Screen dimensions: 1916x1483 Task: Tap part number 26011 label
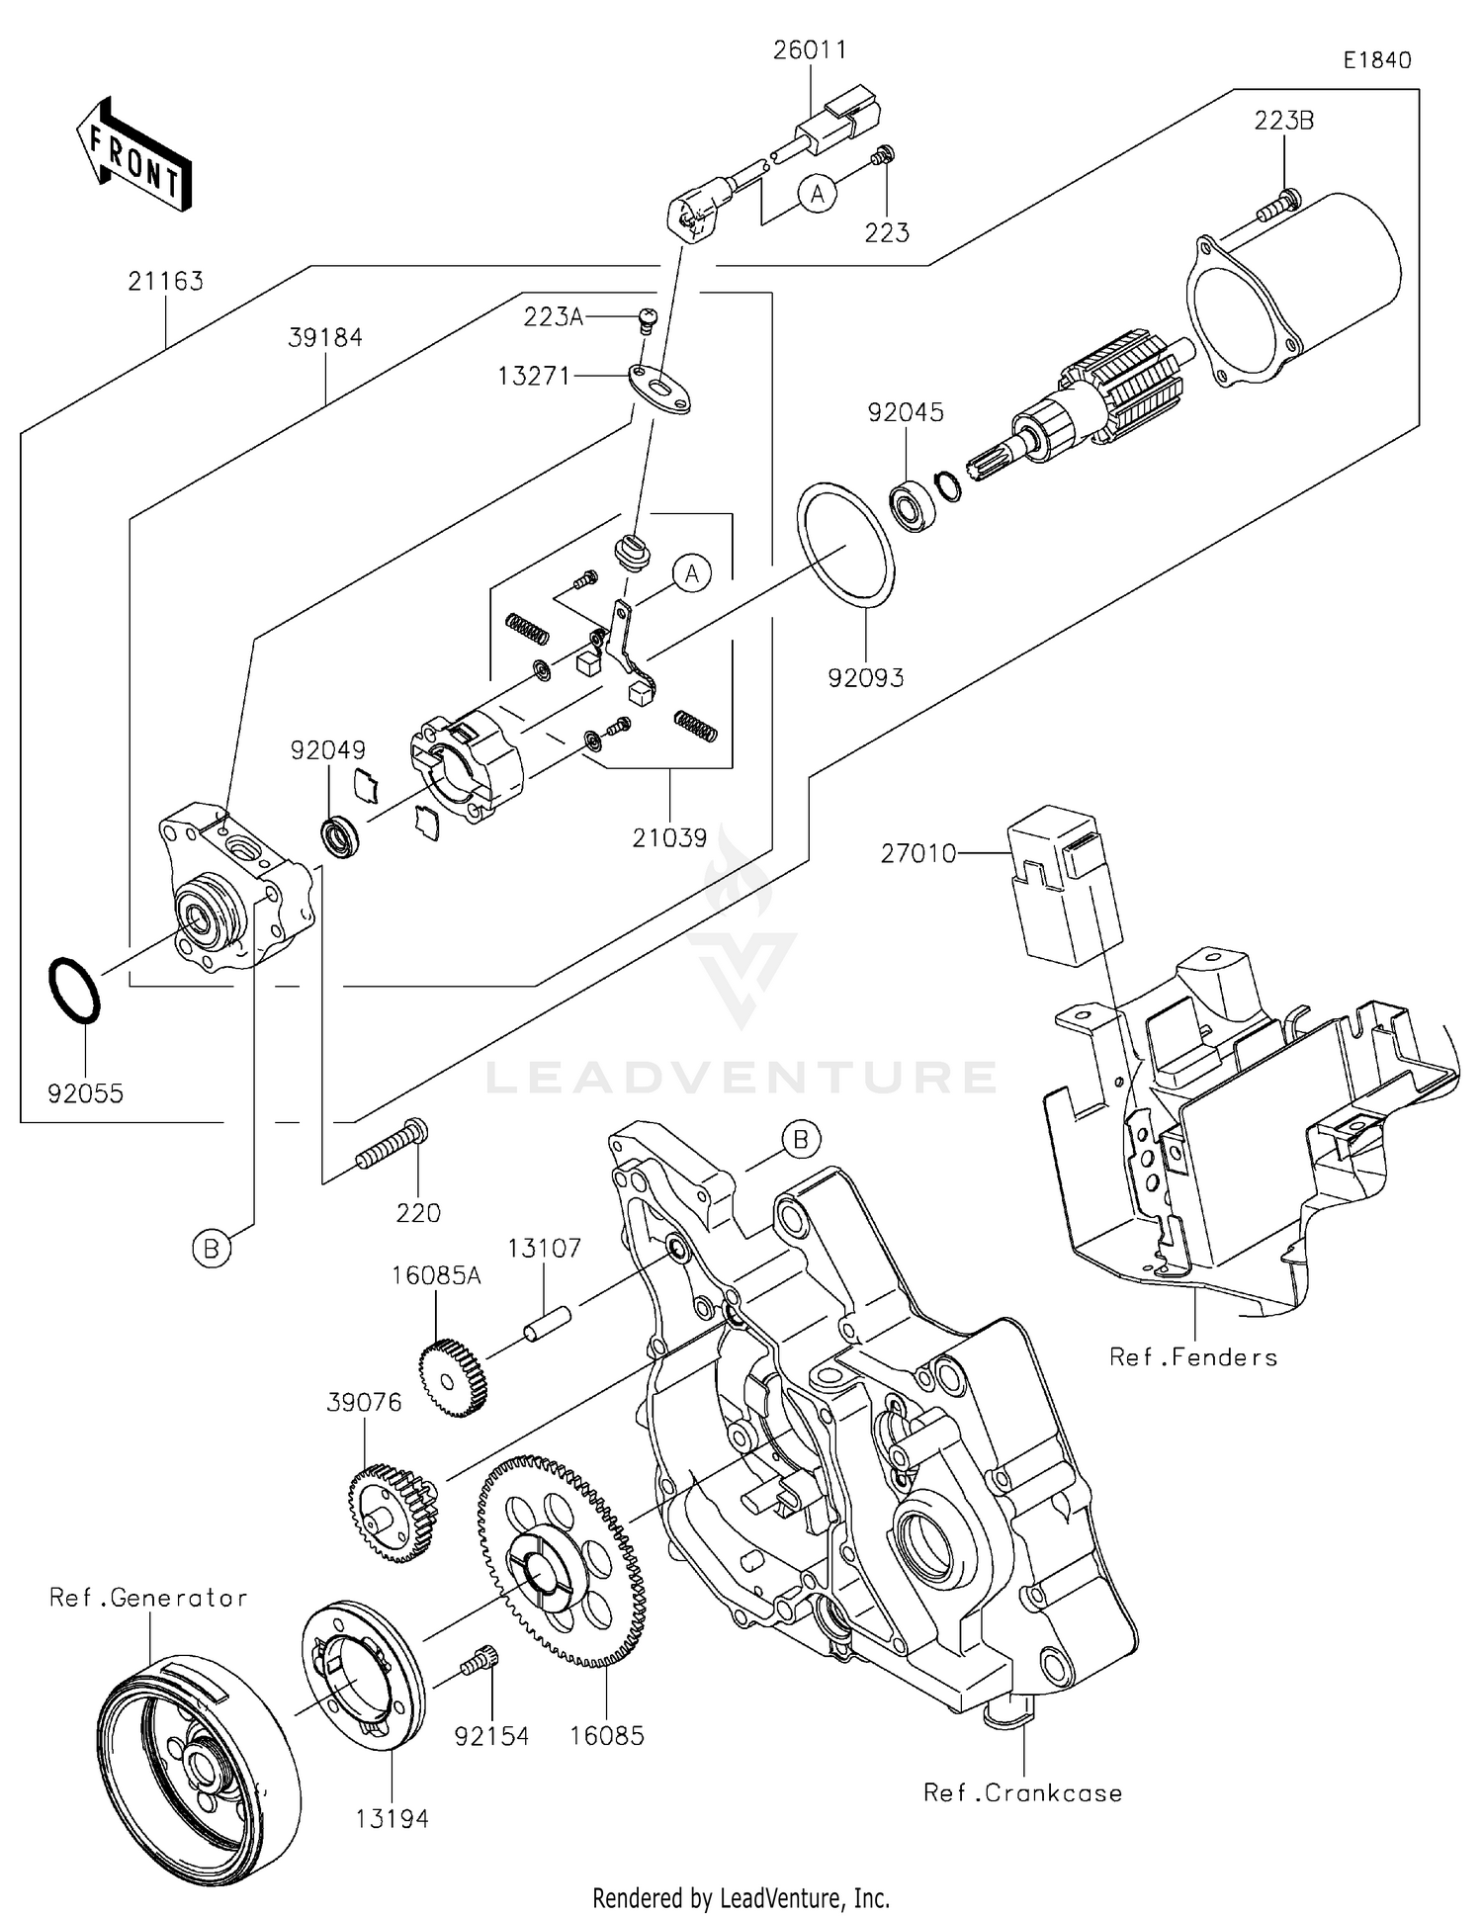point(810,50)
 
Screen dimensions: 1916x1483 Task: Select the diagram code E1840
point(1376,60)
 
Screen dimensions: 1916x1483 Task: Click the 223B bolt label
point(1283,121)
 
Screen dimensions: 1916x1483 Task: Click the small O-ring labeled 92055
point(74,990)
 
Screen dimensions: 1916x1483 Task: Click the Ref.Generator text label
point(148,1599)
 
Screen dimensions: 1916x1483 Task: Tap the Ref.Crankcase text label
point(1022,1793)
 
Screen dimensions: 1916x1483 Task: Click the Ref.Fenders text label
point(1192,1357)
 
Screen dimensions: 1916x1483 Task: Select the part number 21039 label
point(669,838)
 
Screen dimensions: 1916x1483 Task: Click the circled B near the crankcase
point(800,1140)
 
